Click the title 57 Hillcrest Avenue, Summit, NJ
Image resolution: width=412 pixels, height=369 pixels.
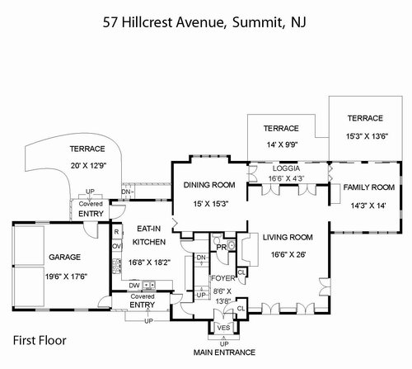[x=204, y=22]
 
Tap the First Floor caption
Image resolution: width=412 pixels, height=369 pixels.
[x=40, y=340]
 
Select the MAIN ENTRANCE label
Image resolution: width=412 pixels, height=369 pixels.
[x=224, y=352]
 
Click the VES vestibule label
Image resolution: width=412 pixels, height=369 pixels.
[x=223, y=328]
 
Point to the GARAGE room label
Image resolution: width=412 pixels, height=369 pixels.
[x=64, y=257]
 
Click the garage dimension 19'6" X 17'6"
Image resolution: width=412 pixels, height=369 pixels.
[x=66, y=277]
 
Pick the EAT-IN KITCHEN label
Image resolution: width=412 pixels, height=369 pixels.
[x=149, y=235]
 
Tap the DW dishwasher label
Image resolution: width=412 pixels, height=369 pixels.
[x=134, y=286]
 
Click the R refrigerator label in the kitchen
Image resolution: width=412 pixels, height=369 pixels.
[x=116, y=232]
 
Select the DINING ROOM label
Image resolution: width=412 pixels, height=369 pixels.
[x=209, y=185]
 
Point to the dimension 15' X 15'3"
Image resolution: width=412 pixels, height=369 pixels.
[x=211, y=204]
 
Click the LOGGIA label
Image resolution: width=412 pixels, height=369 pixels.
[x=286, y=168]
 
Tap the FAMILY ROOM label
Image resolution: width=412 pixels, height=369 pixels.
[x=369, y=187]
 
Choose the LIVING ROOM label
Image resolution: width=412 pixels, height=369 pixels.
[x=288, y=237]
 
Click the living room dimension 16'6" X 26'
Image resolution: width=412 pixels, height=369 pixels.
[x=288, y=254]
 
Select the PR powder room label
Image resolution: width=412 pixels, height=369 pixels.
[x=222, y=248]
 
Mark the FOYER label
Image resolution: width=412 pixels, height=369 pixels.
[x=223, y=278]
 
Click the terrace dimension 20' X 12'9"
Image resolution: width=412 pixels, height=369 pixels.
[x=88, y=166]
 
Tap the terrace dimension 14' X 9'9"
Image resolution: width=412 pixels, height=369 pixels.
[x=283, y=144]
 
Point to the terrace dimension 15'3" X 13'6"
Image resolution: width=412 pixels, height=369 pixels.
[x=367, y=136]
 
